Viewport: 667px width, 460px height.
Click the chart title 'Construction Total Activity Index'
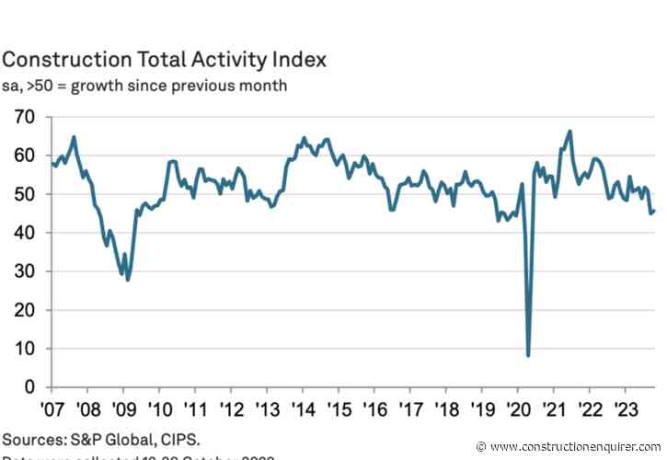pyautogui.click(x=164, y=60)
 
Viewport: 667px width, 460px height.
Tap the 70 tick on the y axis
pyautogui.click(x=23, y=117)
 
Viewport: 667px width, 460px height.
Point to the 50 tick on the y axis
pyautogui.click(x=23, y=194)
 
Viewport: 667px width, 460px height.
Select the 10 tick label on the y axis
pyautogui.click(x=23, y=348)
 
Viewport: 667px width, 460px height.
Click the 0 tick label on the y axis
pyautogui.click(x=29, y=386)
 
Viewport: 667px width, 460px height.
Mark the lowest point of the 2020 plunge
pyautogui.click(x=528, y=355)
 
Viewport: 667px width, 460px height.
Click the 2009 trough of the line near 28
pyautogui.click(x=128, y=279)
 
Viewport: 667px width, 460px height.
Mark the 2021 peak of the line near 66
pyautogui.click(x=570, y=132)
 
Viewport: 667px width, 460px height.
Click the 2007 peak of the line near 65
pyautogui.click(x=74, y=137)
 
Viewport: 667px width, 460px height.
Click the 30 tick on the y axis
pyautogui.click(x=23, y=271)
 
